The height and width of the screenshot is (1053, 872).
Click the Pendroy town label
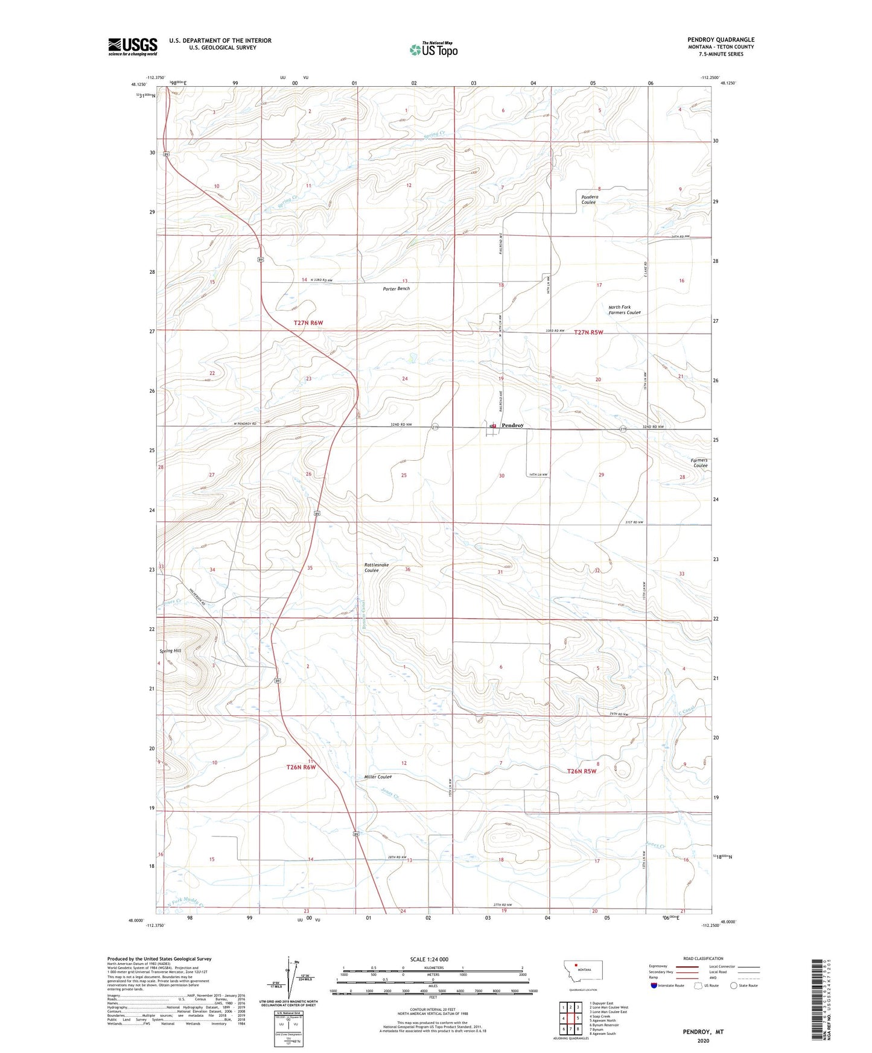pos(512,425)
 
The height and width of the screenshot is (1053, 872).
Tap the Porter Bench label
pos(396,289)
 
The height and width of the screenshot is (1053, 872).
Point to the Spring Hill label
pos(170,651)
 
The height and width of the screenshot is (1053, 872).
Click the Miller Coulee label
pos(378,777)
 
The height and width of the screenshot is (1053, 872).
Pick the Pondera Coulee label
pos(589,200)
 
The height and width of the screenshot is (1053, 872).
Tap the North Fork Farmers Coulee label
pos(624,310)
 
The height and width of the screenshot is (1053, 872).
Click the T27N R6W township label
pos(308,323)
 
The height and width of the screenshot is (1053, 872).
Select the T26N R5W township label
pos(581,771)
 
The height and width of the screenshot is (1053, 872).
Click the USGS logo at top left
pos(133,46)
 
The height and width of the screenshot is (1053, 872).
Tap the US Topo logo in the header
pos(433,49)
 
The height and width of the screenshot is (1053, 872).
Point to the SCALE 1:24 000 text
pos(429,959)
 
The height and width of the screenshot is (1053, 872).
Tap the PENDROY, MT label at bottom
pos(703,1032)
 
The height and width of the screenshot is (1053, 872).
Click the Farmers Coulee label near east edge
pos(700,463)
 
